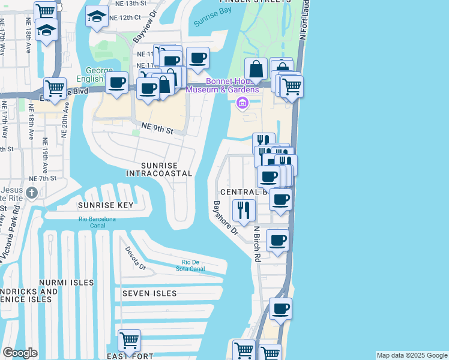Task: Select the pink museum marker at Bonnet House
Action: click(x=243, y=103)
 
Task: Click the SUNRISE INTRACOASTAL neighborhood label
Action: click(x=159, y=169)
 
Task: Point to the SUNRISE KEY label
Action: click(x=104, y=205)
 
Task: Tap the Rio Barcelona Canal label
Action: click(x=97, y=222)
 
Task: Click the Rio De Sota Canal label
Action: click(x=193, y=265)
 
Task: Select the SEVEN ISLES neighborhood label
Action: click(x=149, y=293)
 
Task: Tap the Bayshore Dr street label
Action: click(x=225, y=217)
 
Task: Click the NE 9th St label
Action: click(x=157, y=128)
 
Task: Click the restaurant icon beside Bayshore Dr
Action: click(x=244, y=210)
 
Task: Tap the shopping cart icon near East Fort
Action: click(x=130, y=341)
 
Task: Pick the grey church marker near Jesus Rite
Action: click(x=32, y=193)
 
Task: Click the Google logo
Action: click(x=20, y=353)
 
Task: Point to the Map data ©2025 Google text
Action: click(x=412, y=355)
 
